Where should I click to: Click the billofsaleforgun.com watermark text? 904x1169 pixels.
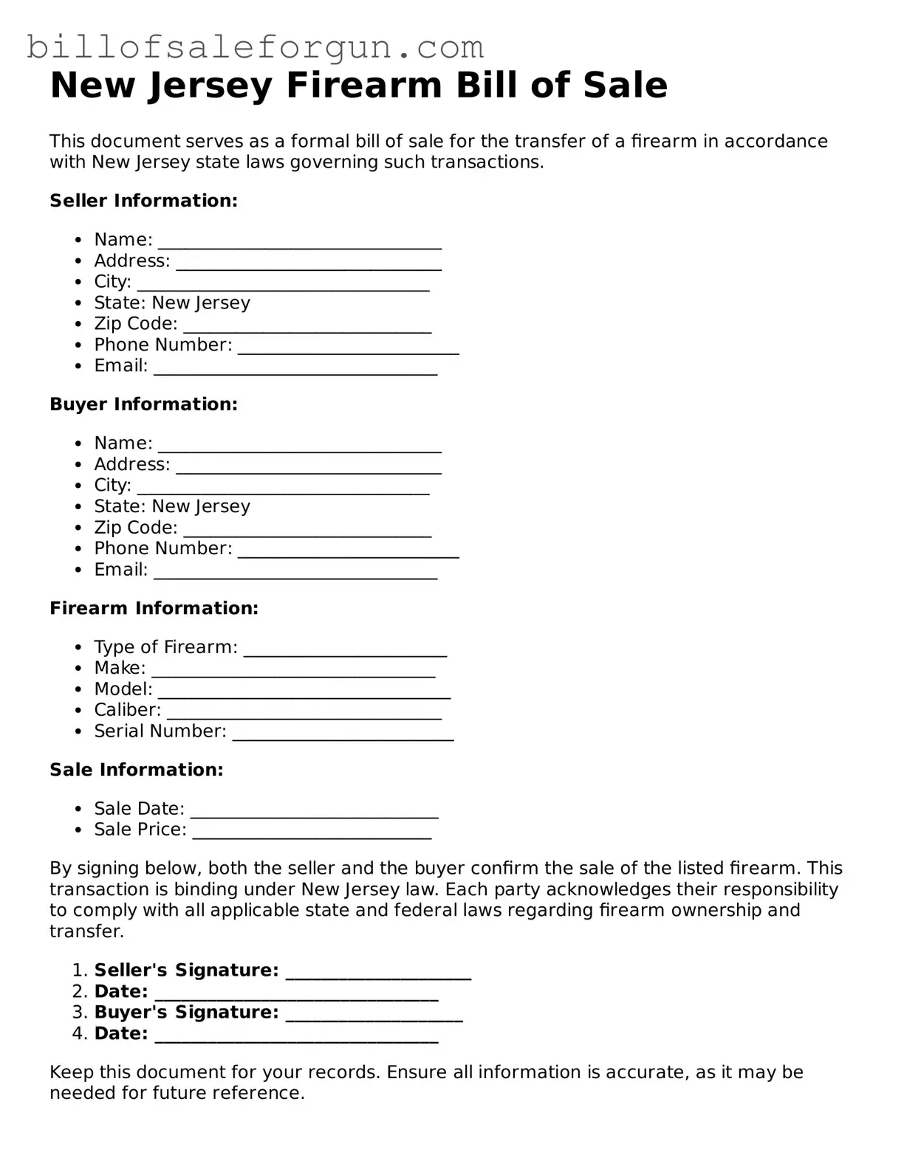pyautogui.click(x=255, y=47)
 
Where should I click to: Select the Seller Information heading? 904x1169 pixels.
pyautogui.click(x=143, y=201)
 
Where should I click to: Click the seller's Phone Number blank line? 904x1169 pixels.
pyautogui.click(x=348, y=350)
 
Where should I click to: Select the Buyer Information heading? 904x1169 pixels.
pyautogui.click(x=143, y=404)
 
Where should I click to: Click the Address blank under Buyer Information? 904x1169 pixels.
pyautogui.click(x=309, y=469)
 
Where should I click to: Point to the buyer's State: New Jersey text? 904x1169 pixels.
pyautogui.click(x=172, y=506)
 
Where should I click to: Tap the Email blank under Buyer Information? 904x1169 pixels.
pyautogui.click(x=295, y=575)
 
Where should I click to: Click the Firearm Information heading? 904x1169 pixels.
pyautogui.click(x=154, y=608)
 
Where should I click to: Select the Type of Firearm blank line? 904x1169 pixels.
pyautogui.click(x=345, y=652)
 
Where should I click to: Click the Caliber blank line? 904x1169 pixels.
pyautogui.click(x=304, y=714)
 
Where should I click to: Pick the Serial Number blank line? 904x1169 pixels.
pyautogui.click(x=343, y=736)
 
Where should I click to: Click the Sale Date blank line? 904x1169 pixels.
pyautogui.click(x=315, y=813)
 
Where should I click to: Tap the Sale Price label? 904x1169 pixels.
pyautogui.click(x=140, y=830)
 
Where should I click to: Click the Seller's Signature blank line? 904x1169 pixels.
pyautogui.click(x=378, y=975)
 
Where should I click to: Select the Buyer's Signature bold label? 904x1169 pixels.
pyautogui.click(x=186, y=1013)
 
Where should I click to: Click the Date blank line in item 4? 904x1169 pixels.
pyautogui.click(x=296, y=1038)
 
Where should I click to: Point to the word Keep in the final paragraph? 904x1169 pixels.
pyautogui.click(x=72, y=1072)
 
